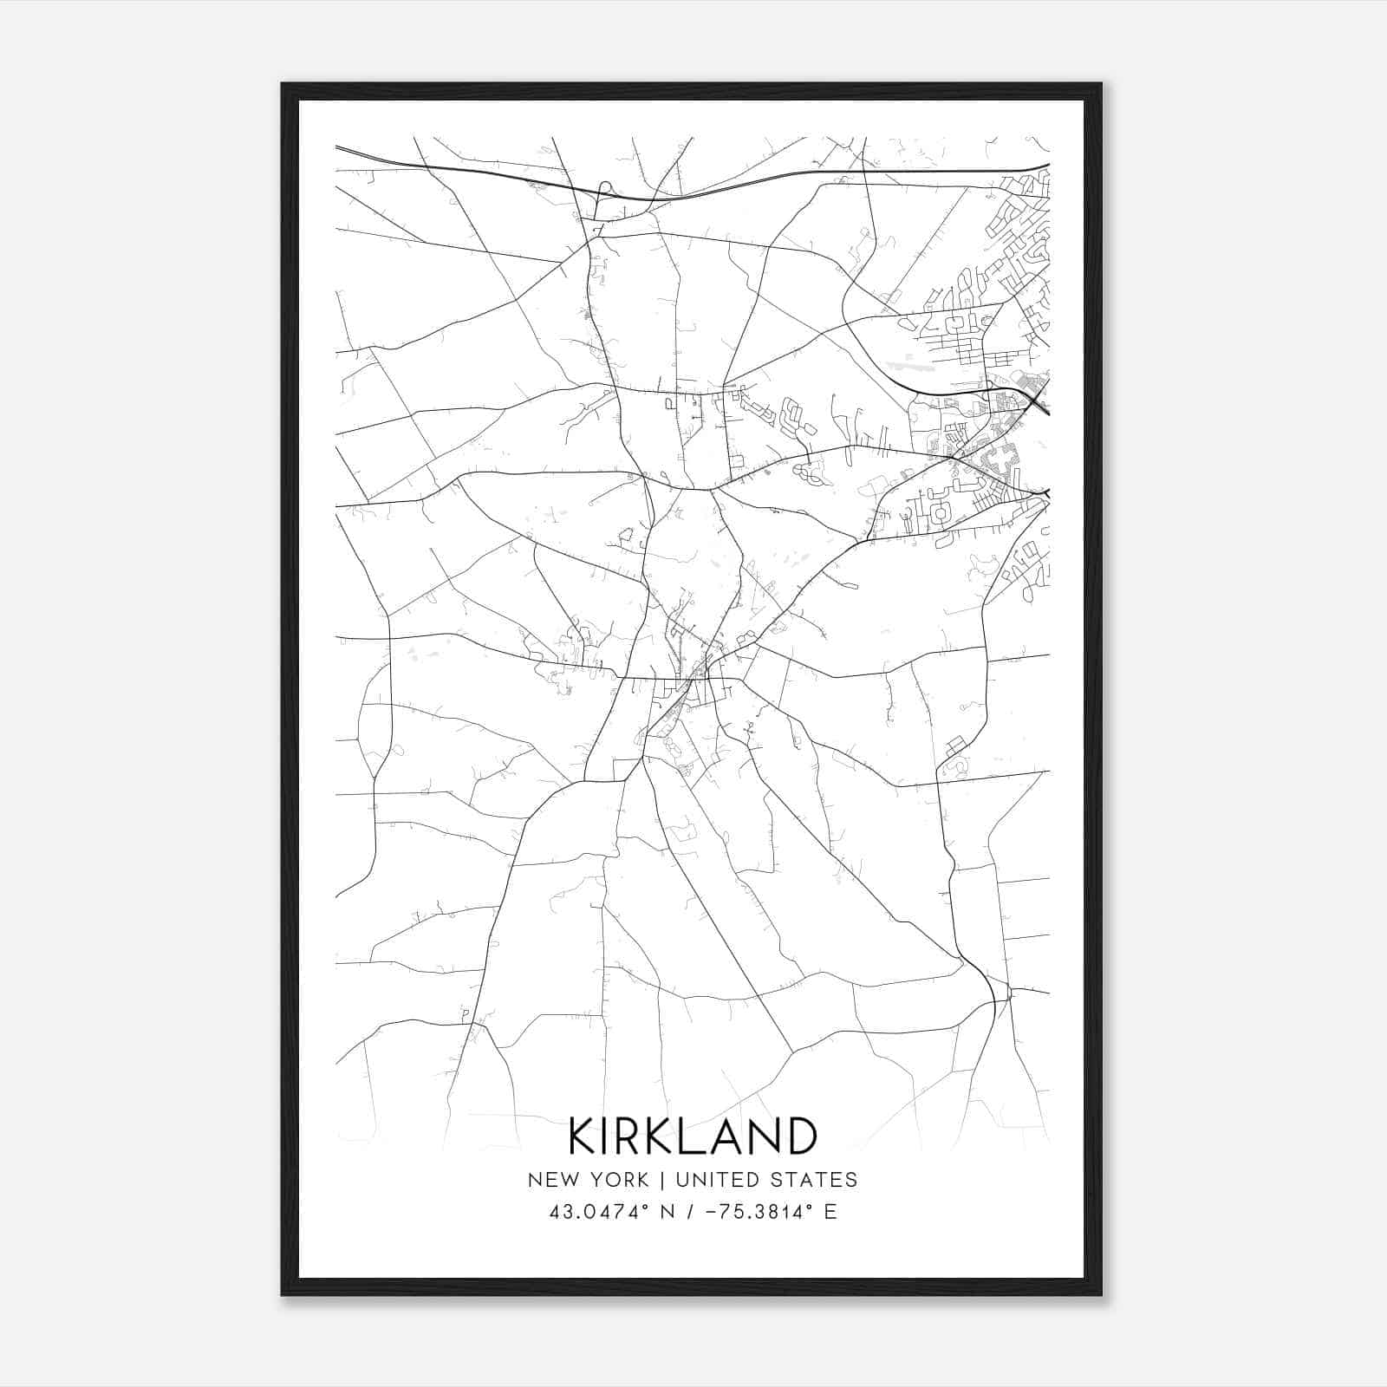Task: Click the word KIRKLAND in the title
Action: pos(693,1136)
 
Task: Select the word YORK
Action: pos(618,1180)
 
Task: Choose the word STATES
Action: pos(816,1180)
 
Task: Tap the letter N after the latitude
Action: pos(667,1212)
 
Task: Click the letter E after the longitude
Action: pos(830,1212)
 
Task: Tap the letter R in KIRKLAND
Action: pos(631,1136)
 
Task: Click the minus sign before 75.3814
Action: pos(713,1212)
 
